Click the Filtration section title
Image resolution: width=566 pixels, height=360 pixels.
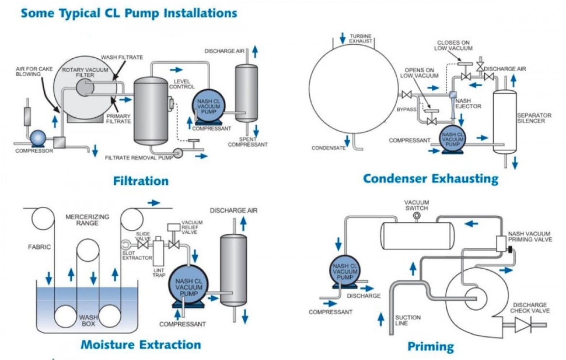[x=141, y=181]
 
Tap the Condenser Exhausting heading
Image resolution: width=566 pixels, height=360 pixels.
[x=431, y=179]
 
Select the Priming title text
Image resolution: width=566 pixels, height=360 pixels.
[x=431, y=346]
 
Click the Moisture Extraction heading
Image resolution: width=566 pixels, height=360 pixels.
[x=141, y=345]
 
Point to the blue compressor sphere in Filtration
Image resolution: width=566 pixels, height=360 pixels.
[x=38, y=138]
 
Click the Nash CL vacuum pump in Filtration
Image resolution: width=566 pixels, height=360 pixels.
[x=208, y=106]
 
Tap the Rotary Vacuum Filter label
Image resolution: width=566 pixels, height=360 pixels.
[x=85, y=72]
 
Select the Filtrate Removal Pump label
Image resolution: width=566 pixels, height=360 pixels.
[x=139, y=158]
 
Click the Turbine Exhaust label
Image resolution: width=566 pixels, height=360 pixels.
[x=360, y=39]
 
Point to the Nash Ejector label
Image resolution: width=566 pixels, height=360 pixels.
[x=468, y=104]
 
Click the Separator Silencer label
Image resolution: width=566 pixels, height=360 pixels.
[x=534, y=118]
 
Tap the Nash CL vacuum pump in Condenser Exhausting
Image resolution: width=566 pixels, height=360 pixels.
[x=453, y=139]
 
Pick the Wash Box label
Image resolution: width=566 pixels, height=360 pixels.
[x=88, y=320]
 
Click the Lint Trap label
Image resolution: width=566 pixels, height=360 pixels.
[x=158, y=273]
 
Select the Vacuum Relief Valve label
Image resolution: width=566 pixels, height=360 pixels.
[x=192, y=227]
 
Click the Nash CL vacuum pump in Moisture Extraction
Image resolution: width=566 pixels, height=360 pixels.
[x=188, y=287]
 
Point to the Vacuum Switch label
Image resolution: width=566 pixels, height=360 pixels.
[x=416, y=205]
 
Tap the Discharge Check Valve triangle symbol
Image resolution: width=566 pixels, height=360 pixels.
[x=522, y=325]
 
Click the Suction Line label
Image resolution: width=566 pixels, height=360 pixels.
[x=408, y=320]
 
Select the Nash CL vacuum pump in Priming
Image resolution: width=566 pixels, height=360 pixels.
[x=345, y=271]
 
